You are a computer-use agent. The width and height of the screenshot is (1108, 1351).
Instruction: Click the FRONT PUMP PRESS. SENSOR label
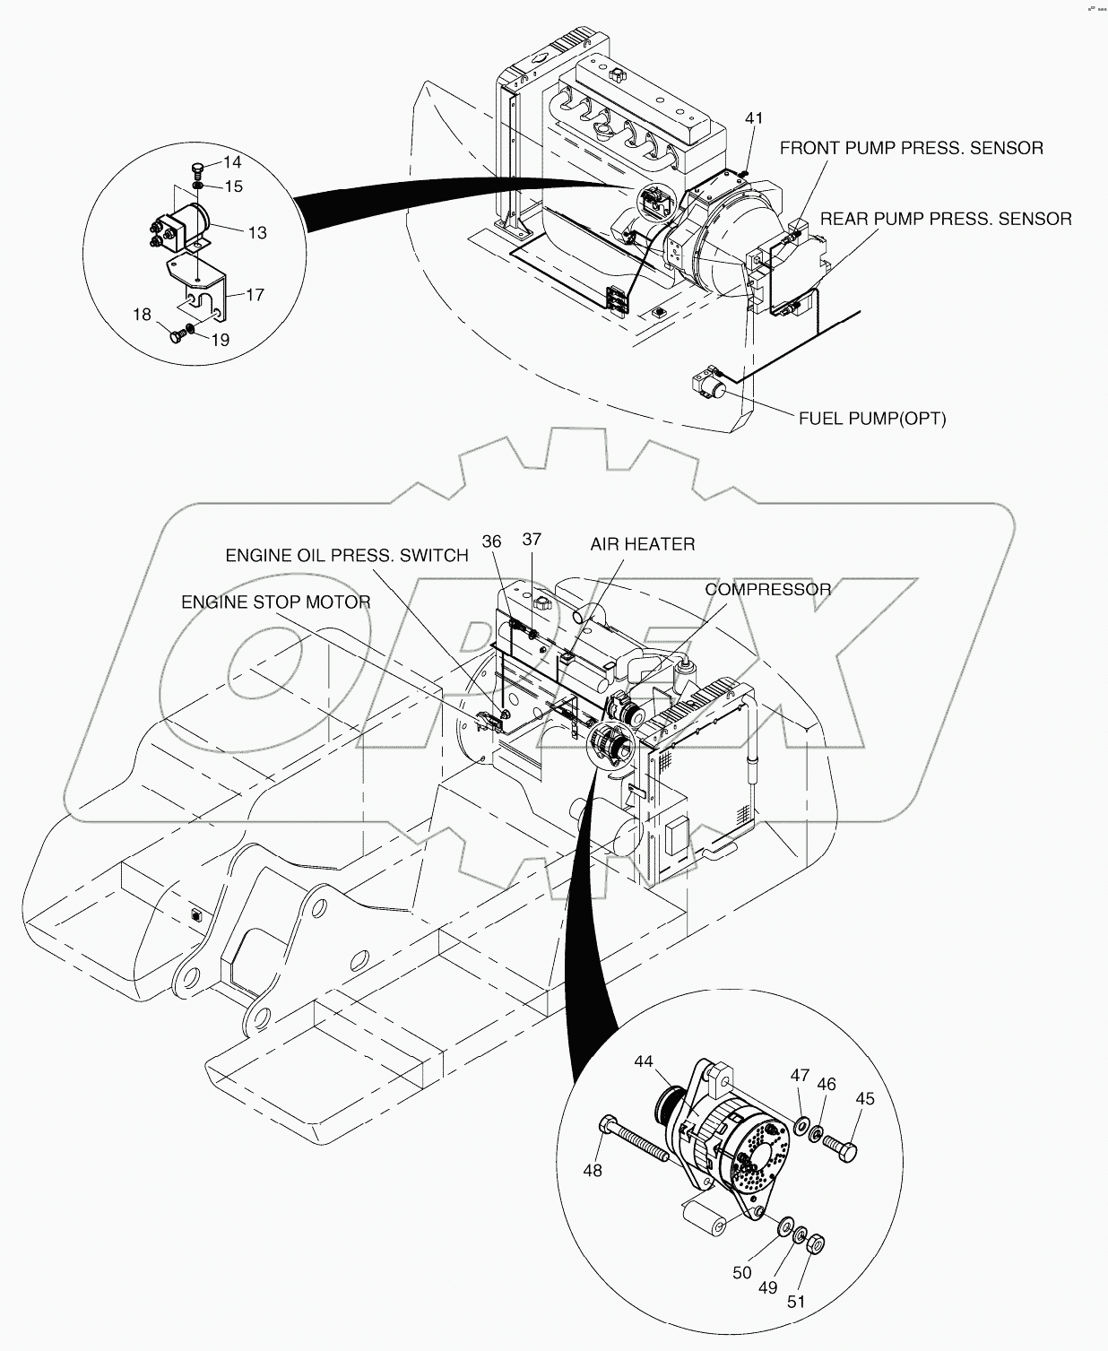(x=911, y=149)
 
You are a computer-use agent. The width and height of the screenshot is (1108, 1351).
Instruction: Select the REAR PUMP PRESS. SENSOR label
(x=946, y=219)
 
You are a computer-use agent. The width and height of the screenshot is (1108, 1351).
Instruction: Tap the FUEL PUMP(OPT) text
(x=871, y=419)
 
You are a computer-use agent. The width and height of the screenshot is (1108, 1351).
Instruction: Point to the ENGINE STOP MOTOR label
(x=276, y=602)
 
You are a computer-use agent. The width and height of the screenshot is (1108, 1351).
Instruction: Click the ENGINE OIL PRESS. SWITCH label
(x=346, y=556)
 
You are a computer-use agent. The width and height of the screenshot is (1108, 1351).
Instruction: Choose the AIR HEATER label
(x=642, y=544)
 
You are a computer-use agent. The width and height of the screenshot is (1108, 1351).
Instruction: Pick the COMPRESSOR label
(x=767, y=590)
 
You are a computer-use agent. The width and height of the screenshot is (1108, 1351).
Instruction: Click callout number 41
(x=754, y=118)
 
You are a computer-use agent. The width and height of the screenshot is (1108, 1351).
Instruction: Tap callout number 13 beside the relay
(x=257, y=233)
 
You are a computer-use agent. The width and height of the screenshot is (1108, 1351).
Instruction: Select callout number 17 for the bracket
(x=255, y=294)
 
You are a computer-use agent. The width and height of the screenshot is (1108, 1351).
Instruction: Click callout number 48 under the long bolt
(x=592, y=1170)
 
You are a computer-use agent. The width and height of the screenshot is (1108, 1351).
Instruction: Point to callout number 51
(x=796, y=1302)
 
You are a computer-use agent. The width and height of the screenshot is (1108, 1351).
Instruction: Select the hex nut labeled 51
(x=817, y=1244)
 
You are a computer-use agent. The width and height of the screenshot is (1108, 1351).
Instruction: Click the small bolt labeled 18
(x=177, y=336)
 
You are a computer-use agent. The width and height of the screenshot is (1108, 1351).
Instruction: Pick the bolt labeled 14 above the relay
(x=198, y=169)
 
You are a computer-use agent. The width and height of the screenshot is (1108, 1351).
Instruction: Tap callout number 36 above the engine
(x=491, y=541)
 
